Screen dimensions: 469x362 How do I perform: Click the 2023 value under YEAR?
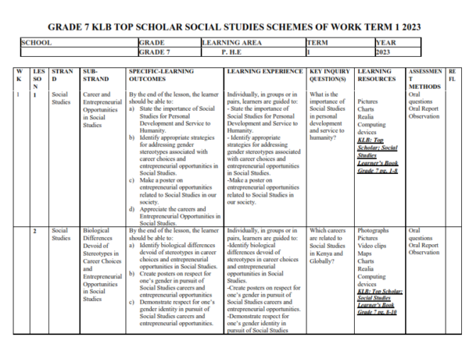pos(383,53)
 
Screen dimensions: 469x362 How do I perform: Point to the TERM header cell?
pos(319,42)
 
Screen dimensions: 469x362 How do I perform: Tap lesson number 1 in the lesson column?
pos(36,94)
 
